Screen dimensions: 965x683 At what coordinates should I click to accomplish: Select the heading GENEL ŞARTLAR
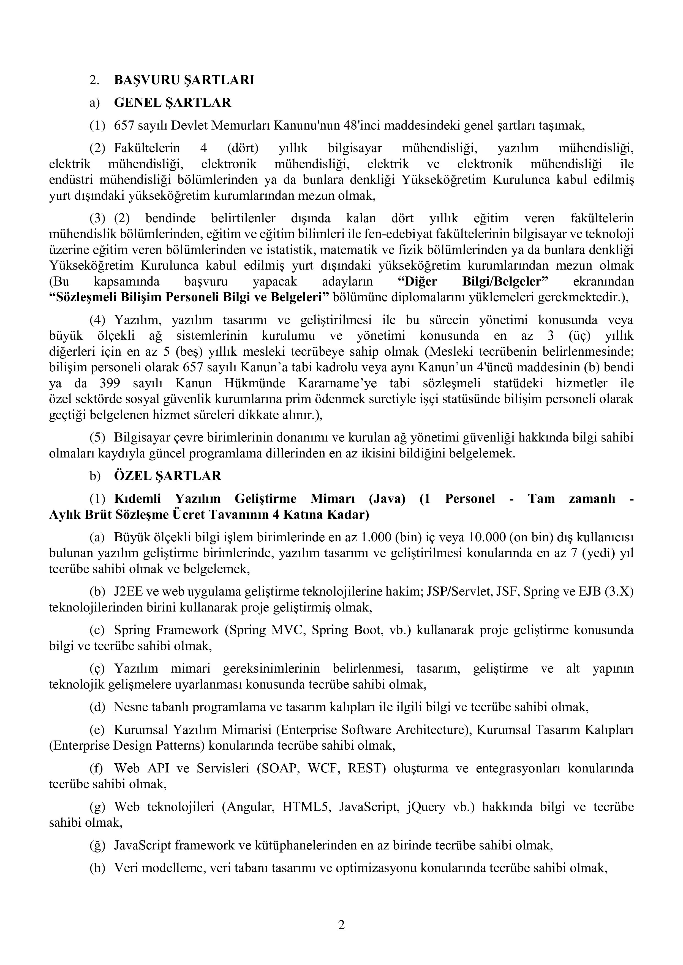pos(172,103)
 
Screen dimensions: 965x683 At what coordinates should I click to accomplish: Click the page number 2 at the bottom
pos(341,925)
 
